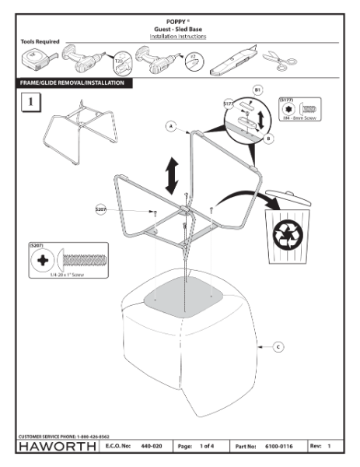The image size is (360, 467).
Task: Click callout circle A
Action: tap(170, 125)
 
